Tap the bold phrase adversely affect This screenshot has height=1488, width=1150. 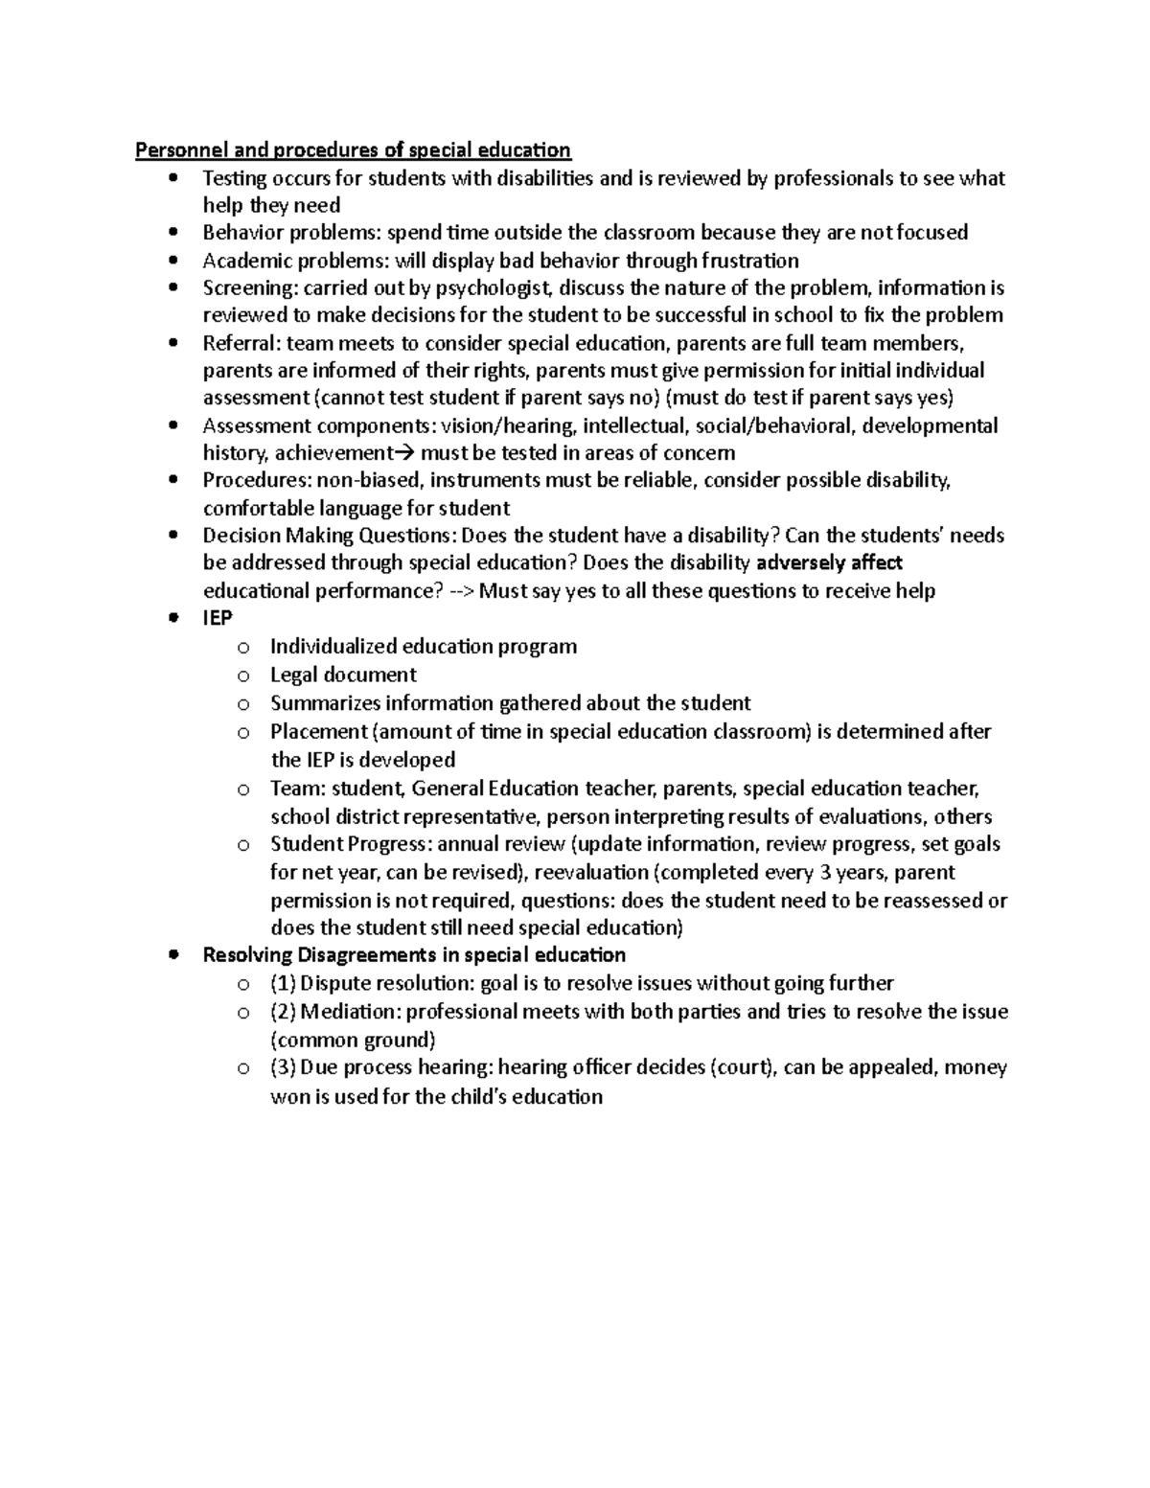click(830, 562)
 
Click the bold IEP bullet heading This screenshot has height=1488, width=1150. click(218, 618)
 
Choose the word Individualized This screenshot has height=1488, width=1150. click(333, 646)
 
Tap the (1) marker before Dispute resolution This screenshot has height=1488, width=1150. click(284, 983)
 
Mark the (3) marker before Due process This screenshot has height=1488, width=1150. click(284, 1067)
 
